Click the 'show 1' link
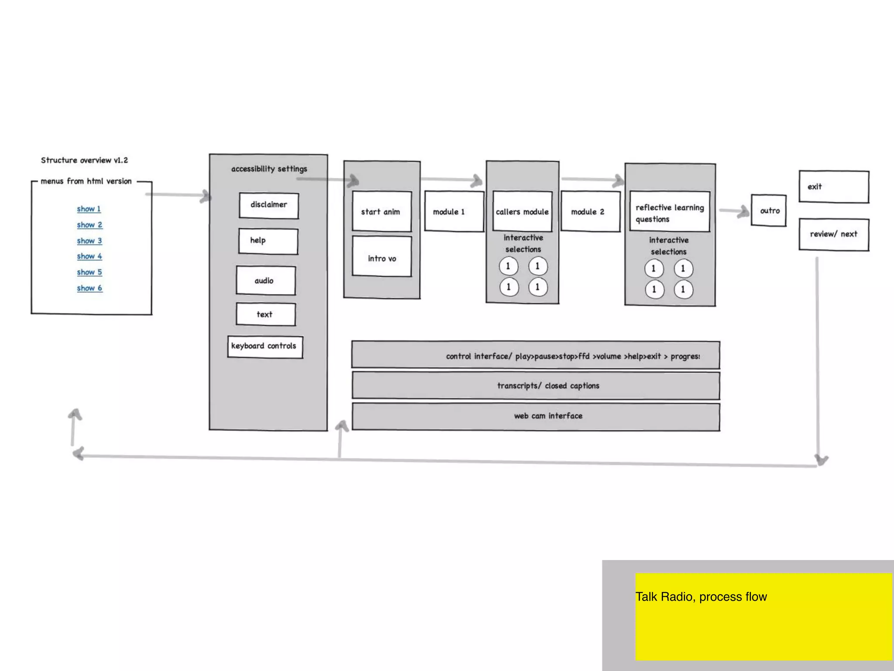point(89,209)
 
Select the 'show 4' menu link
point(89,256)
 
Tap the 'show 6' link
point(89,288)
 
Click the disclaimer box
point(269,205)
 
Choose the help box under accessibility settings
point(268,241)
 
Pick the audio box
point(265,280)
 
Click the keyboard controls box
point(265,347)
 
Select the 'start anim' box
point(382,211)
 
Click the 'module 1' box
point(454,211)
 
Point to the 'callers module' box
point(522,211)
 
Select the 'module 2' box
point(590,211)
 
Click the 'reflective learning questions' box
point(670,212)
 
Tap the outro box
point(769,211)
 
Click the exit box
point(834,187)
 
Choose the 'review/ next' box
point(834,235)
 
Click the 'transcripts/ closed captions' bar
point(536,386)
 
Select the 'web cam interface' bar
point(536,416)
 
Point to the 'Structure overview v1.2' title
point(84,160)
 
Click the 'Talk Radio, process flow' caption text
point(701,597)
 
